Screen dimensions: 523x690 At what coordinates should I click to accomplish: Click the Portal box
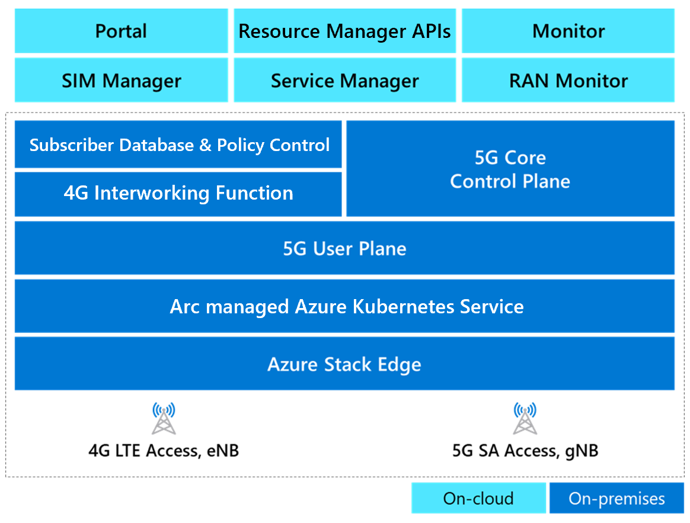(121, 31)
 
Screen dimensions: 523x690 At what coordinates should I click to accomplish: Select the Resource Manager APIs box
(344, 31)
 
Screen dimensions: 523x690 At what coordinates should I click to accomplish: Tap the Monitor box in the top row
(568, 31)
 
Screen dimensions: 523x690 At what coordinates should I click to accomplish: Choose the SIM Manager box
(121, 81)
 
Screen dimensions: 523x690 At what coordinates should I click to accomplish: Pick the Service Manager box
(344, 81)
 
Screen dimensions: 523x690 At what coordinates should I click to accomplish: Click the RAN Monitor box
(568, 81)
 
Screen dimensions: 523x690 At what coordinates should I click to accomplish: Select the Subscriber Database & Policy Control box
(178, 145)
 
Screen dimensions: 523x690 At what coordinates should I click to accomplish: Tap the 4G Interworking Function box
(178, 193)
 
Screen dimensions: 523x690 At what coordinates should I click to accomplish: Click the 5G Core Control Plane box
(510, 169)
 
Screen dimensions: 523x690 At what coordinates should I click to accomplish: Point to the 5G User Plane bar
(344, 248)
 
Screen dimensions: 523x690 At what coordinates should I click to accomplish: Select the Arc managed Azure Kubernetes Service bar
(344, 306)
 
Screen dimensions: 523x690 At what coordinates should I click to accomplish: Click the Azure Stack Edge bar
(344, 364)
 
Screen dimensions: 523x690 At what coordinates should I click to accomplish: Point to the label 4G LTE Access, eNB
(164, 451)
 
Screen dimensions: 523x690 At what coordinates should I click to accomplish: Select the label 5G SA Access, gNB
(525, 451)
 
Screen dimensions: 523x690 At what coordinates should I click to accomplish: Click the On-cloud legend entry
(478, 498)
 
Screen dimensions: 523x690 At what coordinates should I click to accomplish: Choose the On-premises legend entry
(616, 498)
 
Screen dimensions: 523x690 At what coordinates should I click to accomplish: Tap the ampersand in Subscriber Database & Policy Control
(205, 146)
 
